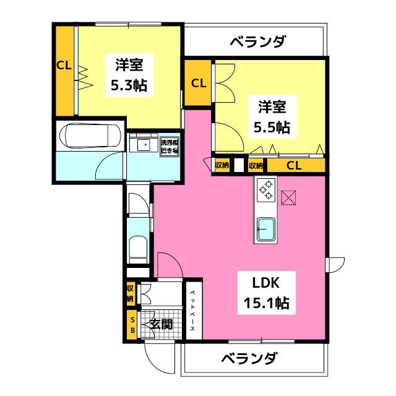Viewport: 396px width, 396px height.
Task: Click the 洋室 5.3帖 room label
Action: (129, 75)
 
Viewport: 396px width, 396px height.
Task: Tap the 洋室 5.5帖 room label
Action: (272, 117)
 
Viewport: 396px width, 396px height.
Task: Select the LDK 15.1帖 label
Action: (267, 293)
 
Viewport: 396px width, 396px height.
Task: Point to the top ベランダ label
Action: (258, 42)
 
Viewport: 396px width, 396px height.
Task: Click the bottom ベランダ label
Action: (249, 358)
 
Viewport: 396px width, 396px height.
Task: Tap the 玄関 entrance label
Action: (161, 324)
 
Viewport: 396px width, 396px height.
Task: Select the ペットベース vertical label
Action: (192, 311)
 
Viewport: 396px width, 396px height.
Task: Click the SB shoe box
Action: (132, 325)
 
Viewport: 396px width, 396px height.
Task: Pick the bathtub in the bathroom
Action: (88, 135)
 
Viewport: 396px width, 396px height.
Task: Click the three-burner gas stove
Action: (266, 190)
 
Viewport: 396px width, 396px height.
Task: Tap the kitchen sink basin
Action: (265, 230)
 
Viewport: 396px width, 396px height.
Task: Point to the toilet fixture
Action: (138, 250)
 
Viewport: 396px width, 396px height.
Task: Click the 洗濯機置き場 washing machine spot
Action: (170, 147)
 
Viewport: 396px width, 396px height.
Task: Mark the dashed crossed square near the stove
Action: (288, 197)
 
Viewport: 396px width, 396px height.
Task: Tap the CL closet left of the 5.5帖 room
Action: (198, 83)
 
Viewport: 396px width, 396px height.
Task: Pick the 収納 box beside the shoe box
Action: (131, 293)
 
